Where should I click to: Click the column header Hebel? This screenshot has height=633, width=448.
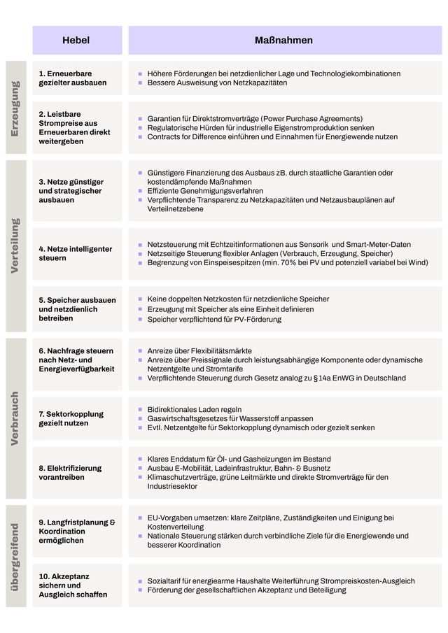click(x=76, y=41)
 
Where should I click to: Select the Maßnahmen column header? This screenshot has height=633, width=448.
click(x=283, y=41)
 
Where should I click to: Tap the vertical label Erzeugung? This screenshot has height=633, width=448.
click(x=15, y=108)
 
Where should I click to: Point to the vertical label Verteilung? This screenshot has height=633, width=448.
click(x=15, y=246)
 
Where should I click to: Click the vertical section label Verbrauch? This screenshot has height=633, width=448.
click(x=15, y=418)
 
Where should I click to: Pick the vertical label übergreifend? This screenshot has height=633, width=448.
click(x=15, y=556)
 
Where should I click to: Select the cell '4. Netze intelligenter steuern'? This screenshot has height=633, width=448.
click(x=75, y=253)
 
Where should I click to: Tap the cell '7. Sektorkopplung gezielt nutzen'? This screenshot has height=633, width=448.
click(x=71, y=418)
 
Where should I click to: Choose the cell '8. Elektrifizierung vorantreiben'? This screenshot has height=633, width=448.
click(x=70, y=473)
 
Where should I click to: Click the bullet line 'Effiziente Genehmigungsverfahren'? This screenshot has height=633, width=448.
click(x=205, y=191)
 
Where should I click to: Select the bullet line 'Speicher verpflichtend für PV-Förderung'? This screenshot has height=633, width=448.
click(x=214, y=319)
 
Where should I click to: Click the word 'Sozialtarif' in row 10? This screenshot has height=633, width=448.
click(x=164, y=581)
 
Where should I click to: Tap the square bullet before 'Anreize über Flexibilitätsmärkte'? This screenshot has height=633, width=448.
click(x=140, y=351)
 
